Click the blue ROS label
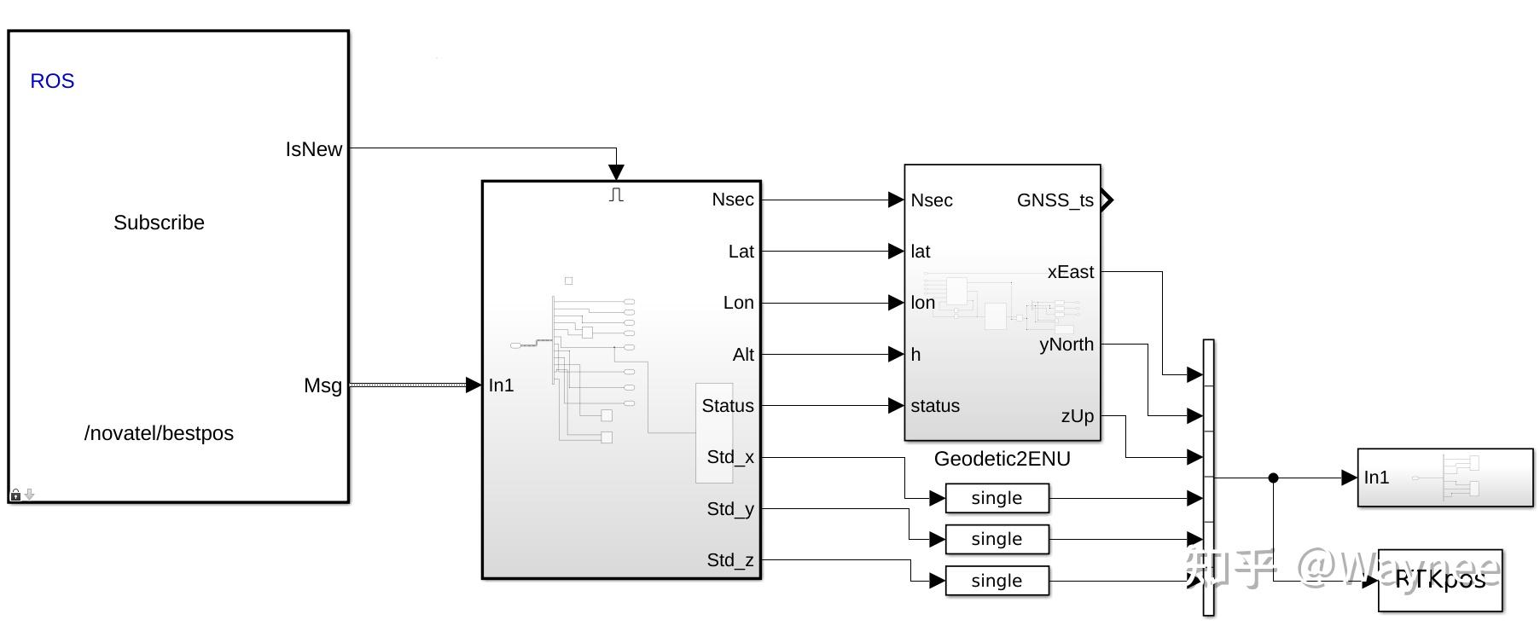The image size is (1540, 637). [52, 81]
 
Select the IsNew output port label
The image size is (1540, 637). [313, 149]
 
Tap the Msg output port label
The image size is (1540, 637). [323, 385]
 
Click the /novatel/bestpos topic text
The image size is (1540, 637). [159, 433]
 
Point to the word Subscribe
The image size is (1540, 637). [159, 223]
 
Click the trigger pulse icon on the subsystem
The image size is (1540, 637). [616, 195]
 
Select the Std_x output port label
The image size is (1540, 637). [730, 457]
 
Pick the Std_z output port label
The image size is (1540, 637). [730, 560]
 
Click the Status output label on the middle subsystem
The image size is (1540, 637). [728, 406]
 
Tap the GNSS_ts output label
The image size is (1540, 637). [1055, 200]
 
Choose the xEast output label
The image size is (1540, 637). [1070, 272]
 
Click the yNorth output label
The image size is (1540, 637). [1066, 345]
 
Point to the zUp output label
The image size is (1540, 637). [1077, 416]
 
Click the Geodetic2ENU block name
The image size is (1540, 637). [1002, 459]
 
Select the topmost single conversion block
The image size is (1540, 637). [997, 498]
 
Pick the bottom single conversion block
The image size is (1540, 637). [997, 581]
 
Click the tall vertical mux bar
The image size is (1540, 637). [1208, 478]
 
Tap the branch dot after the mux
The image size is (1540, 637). [1273, 478]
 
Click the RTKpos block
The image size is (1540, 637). [1440, 580]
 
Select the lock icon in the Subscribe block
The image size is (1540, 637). [15, 495]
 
